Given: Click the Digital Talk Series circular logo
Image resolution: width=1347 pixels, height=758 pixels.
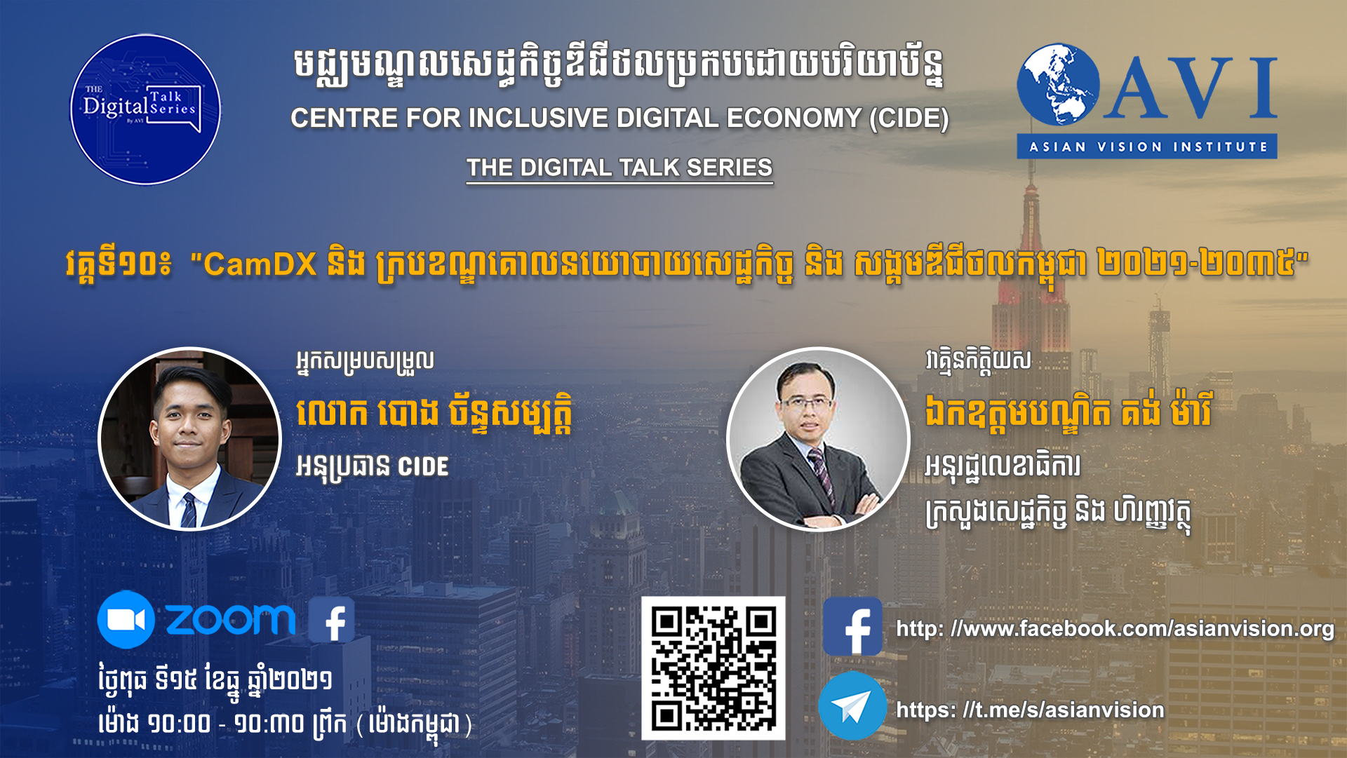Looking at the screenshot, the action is point(145,109).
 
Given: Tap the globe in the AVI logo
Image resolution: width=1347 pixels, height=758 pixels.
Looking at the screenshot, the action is point(1058,85).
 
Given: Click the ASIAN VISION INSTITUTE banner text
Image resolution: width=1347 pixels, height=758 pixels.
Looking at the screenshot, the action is point(1148,147).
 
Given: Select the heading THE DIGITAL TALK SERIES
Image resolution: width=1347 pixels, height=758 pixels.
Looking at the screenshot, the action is point(619,168).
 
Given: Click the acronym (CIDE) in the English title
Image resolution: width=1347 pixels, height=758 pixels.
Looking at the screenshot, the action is point(909,118).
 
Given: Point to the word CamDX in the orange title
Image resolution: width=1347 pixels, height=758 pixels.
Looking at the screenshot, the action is point(260,264).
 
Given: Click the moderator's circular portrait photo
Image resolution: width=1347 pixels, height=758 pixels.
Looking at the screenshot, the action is point(189,439).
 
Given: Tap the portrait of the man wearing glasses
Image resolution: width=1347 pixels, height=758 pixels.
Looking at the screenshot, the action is point(818,439).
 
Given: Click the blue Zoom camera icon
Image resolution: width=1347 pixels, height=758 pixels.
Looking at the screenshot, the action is point(126,619).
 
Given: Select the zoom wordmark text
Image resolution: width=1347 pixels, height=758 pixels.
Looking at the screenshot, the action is point(231,620).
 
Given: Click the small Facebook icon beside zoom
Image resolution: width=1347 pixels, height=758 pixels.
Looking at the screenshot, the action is point(332,620).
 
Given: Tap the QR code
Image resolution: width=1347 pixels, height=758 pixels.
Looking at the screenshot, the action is point(713,668).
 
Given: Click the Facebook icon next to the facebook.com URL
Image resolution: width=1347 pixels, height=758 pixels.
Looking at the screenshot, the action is point(852,626).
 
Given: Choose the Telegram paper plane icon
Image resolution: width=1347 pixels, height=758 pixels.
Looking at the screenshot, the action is point(852,706).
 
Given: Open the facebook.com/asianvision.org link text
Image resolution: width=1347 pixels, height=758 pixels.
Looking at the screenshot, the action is point(1115,629).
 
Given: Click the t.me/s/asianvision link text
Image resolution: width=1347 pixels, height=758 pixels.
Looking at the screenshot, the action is point(1030,710).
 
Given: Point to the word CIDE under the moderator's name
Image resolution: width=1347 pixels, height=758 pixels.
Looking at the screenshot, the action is point(423,467).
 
